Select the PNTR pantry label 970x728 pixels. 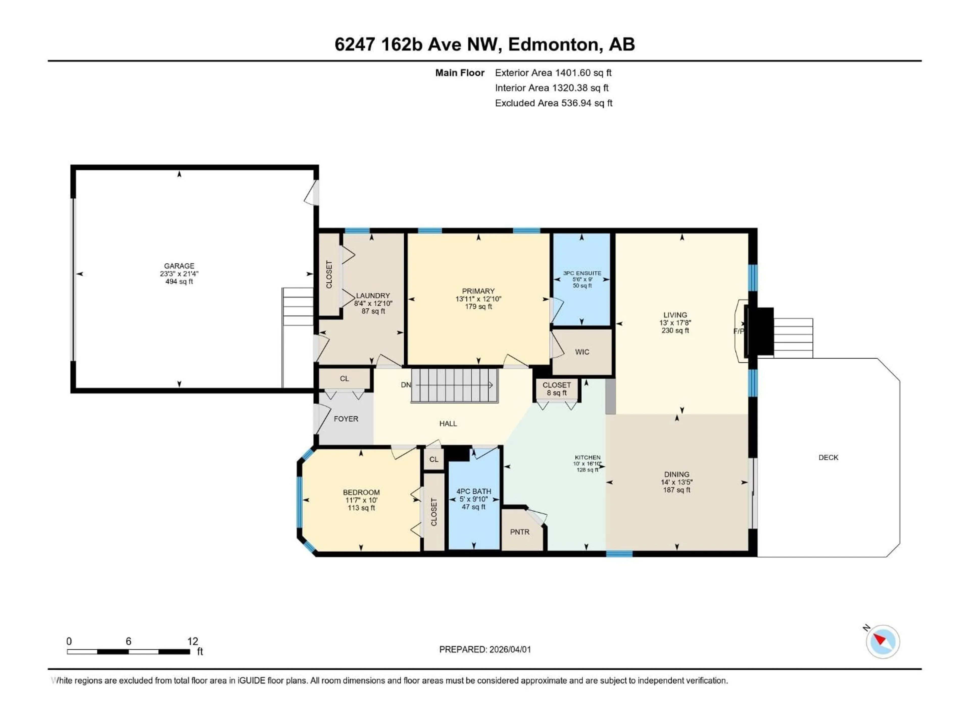tap(520, 532)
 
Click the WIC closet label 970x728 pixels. tap(582, 352)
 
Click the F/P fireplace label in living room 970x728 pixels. tap(738, 331)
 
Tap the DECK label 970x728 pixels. tap(828, 457)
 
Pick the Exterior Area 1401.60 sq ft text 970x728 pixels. tap(553, 73)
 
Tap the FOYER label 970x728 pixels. tap(346, 419)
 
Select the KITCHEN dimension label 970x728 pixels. tap(587, 463)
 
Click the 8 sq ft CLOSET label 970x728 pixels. tap(556, 389)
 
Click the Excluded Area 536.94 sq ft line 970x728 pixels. tap(553, 103)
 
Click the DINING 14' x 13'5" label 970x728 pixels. tap(677, 482)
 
